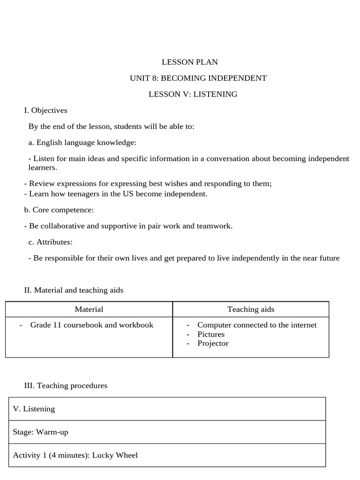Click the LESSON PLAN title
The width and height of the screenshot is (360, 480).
tap(189, 62)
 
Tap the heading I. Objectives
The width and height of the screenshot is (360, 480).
tap(45, 111)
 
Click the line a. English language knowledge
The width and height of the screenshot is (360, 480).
tap(82, 142)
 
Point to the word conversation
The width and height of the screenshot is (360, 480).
tap(227, 159)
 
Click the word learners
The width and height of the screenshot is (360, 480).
tap(43, 167)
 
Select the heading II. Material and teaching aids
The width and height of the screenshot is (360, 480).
tap(74, 290)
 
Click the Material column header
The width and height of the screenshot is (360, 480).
tap(89, 309)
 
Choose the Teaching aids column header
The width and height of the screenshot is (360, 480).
tap(251, 309)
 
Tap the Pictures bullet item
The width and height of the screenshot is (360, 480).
tap(211, 334)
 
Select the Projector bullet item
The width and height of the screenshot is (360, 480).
tap(213, 343)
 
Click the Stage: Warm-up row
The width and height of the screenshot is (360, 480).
tap(40, 432)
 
